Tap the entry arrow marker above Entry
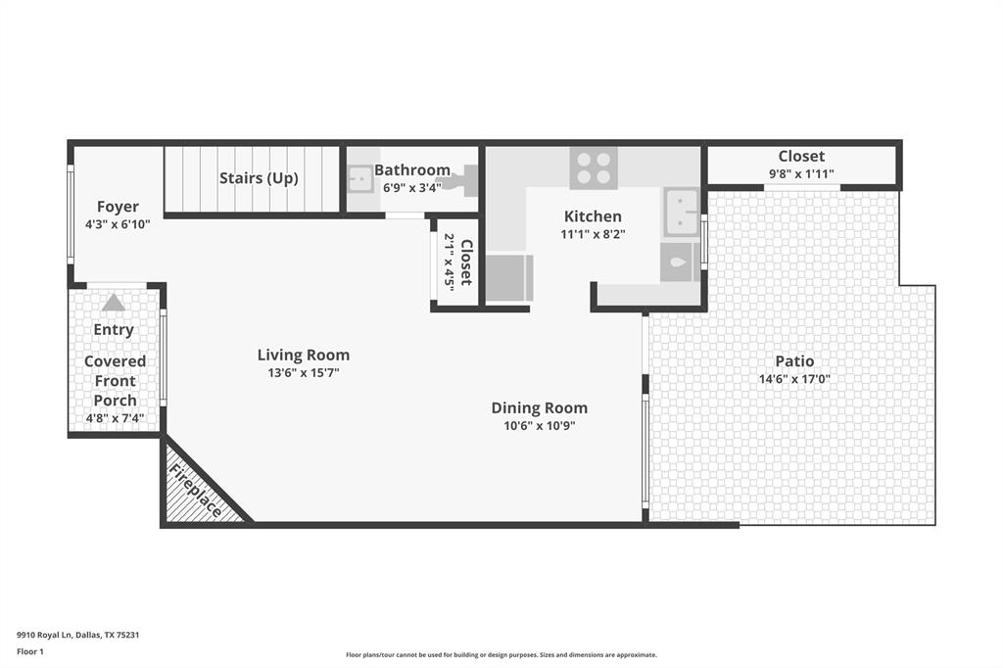[x=114, y=303]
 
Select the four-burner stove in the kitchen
[x=594, y=167]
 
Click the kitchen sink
[x=682, y=212]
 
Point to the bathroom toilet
[x=465, y=181]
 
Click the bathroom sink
[x=359, y=180]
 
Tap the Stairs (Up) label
[x=259, y=178]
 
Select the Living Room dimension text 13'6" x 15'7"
[x=304, y=372]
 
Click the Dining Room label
[x=540, y=408]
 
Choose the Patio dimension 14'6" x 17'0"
[x=794, y=379]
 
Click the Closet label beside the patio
[x=801, y=157]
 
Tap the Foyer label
[x=118, y=207]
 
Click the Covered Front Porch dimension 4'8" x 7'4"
[x=115, y=418]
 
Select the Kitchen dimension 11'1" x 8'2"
[x=593, y=234]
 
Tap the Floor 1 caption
[x=32, y=651]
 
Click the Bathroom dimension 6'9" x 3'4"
[x=411, y=187]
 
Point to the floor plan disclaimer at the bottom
[x=501, y=654]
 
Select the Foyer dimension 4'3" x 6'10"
[x=118, y=223]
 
